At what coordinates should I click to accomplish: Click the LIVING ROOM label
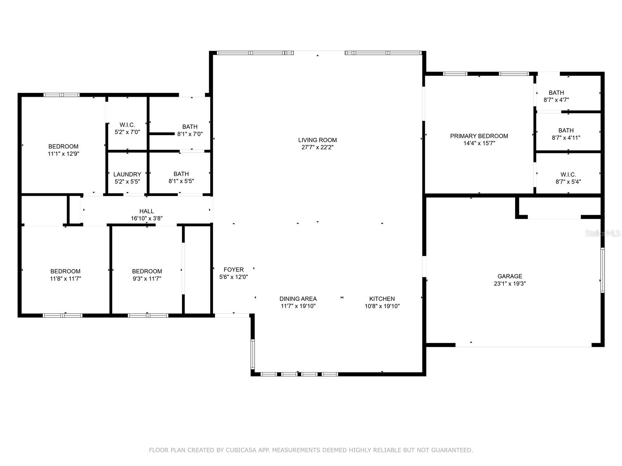317,140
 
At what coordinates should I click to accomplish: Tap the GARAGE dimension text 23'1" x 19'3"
510,284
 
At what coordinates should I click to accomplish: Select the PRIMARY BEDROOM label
479,136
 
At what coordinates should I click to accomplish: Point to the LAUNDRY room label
127,174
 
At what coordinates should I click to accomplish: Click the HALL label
147,211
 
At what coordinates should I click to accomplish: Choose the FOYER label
234,270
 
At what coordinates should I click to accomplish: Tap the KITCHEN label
382,299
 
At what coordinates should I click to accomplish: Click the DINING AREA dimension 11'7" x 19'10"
298,306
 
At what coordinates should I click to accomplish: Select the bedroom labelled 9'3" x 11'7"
147,271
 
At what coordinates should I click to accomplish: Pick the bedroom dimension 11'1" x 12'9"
63,154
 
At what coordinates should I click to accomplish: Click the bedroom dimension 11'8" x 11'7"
65,279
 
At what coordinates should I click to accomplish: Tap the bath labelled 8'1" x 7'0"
190,127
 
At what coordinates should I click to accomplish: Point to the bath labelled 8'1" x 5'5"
181,174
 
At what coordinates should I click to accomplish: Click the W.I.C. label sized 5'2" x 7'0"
127,125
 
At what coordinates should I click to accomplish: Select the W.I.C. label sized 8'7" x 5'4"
568,174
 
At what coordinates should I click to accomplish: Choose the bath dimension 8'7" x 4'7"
556,100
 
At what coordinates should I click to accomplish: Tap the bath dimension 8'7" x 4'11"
566,138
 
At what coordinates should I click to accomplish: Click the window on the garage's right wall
602,270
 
